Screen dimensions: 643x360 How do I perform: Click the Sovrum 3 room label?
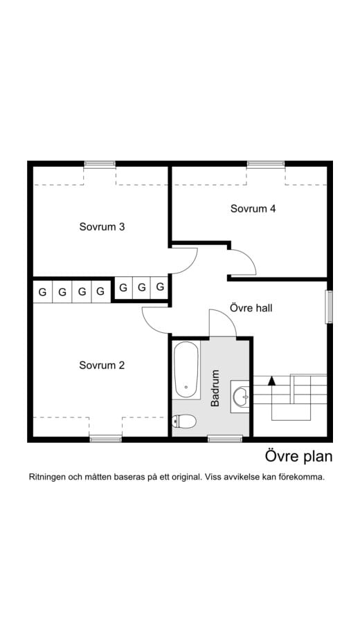(101, 226)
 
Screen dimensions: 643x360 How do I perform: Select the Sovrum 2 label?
(101, 365)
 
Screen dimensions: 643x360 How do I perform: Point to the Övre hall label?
(250, 308)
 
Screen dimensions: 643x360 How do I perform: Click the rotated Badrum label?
(215, 388)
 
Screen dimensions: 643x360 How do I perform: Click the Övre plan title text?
(298, 457)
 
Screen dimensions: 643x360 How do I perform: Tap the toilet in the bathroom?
(184, 420)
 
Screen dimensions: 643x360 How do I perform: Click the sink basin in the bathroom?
(240, 397)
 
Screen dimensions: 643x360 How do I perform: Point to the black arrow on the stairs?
(272, 380)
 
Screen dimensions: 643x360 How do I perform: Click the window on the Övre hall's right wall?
(329, 307)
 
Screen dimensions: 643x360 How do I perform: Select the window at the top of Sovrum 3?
(100, 164)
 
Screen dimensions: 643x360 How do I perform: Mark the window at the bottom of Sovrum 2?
(105, 438)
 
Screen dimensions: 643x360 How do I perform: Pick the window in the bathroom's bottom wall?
(225, 438)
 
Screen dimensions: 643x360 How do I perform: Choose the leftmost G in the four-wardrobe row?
(42, 292)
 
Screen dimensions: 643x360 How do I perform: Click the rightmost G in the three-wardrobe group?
(160, 287)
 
